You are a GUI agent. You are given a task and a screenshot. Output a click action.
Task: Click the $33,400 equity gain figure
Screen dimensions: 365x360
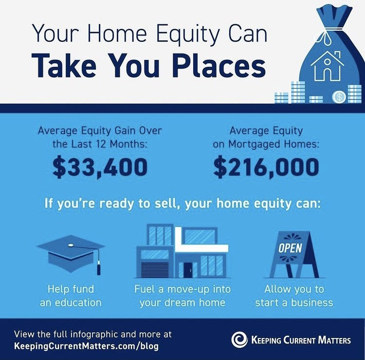click(100, 167)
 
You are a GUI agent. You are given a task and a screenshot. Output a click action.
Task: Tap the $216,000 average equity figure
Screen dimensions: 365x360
click(266, 167)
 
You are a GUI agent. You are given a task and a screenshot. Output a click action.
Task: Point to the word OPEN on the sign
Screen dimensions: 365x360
click(290, 248)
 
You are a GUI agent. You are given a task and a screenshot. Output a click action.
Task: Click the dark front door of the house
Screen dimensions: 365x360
click(188, 270)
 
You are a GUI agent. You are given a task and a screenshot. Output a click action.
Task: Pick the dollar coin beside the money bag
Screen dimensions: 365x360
click(339, 97)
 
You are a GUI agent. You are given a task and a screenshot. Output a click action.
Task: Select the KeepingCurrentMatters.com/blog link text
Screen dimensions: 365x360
click(86, 345)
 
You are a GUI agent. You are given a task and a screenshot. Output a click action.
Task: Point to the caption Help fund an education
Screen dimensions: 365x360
click(71, 296)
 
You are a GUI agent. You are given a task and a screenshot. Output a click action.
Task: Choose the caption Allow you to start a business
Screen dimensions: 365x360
click(294, 296)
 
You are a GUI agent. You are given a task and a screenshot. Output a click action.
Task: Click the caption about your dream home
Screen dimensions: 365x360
click(182, 296)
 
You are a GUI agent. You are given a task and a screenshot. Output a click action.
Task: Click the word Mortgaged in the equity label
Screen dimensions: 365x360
click(254, 144)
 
